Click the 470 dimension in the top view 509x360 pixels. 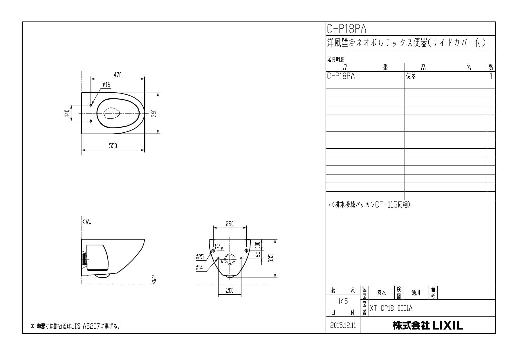[x=118, y=75]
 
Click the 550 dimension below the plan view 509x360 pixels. [x=113, y=146]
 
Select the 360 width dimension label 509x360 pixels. [x=154, y=113]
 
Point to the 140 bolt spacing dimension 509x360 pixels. [x=67, y=113]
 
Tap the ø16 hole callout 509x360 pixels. [x=107, y=85]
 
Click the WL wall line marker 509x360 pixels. [x=86, y=222]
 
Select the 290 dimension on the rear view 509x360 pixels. [x=230, y=224]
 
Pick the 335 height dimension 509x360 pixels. [x=271, y=258]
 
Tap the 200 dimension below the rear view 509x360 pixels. [x=230, y=290]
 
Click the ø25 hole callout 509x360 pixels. [x=200, y=257]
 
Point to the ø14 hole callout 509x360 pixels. [x=199, y=268]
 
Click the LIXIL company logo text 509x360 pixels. [x=427, y=325]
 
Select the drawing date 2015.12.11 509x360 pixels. [x=343, y=325]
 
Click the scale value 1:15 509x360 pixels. [x=343, y=301]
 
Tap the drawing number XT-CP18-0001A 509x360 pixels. [x=391, y=308]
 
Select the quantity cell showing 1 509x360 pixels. [x=491, y=76]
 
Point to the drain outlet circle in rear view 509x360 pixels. [x=230, y=258]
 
